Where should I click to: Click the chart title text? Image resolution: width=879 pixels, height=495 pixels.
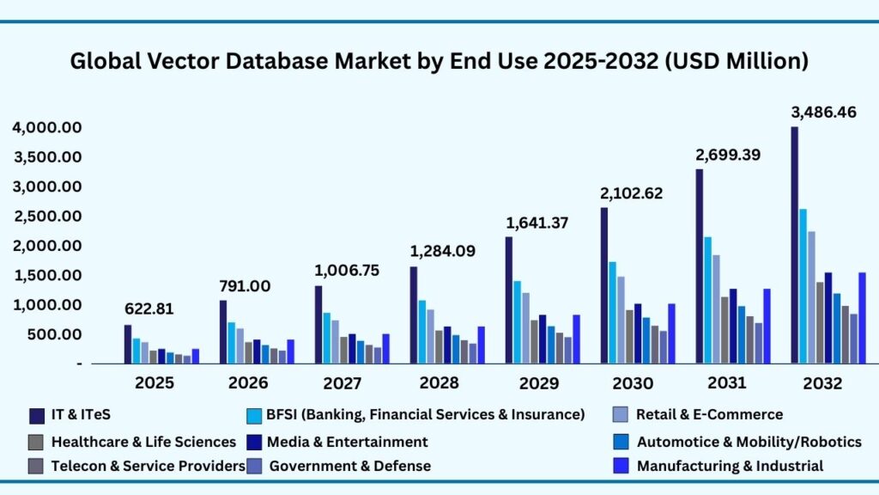pos(439,62)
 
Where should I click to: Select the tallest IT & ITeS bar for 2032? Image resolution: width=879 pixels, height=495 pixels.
pos(795,245)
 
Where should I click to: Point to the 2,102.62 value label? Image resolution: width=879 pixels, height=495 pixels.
pos(632,193)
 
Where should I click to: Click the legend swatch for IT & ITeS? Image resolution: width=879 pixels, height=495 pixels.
pos(37,416)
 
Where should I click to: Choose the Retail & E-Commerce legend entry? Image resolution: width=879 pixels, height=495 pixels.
pos(709,415)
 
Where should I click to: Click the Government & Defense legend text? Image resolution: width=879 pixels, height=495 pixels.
pos(349,466)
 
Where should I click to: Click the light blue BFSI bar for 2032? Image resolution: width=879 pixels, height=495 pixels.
pos(803,285)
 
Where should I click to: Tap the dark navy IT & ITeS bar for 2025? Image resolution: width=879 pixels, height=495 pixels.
pos(128,344)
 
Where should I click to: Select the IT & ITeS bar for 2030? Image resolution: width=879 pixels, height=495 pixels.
pos(604,285)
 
